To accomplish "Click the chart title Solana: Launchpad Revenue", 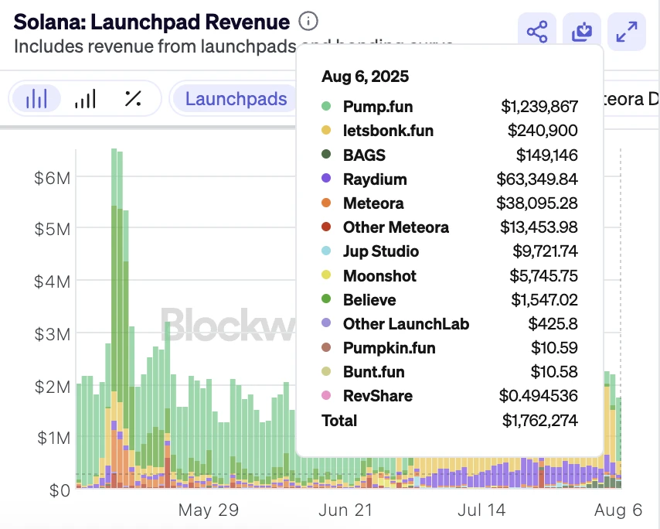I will pyautogui.click(x=151, y=22).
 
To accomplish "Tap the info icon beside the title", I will pyautogui.click(x=308, y=22).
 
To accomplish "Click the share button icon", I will pyautogui.click(x=536, y=32).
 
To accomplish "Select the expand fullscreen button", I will pyautogui.click(x=626, y=32).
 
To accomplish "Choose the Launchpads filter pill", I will pyautogui.click(x=236, y=99).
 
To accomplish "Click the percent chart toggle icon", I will pyautogui.click(x=133, y=98).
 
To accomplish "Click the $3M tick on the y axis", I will pyautogui.click(x=53, y=333).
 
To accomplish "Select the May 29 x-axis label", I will pyautogui.click(x=208, y=510).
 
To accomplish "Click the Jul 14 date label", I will pyautogui.click(x=481, y=510).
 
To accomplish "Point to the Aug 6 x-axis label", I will pyautogui.click(x=619, y=510).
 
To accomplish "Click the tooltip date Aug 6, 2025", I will pyautogui.click(x=366, y=77).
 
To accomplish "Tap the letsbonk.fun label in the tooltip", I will pyautogui.click(x=388, y=131).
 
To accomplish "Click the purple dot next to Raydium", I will pyautogui.click(x=327, y=179).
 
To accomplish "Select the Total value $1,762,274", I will pyautogui.click(x=539, y=421).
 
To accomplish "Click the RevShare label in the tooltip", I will pyautogui.click(x=378, y=396).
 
